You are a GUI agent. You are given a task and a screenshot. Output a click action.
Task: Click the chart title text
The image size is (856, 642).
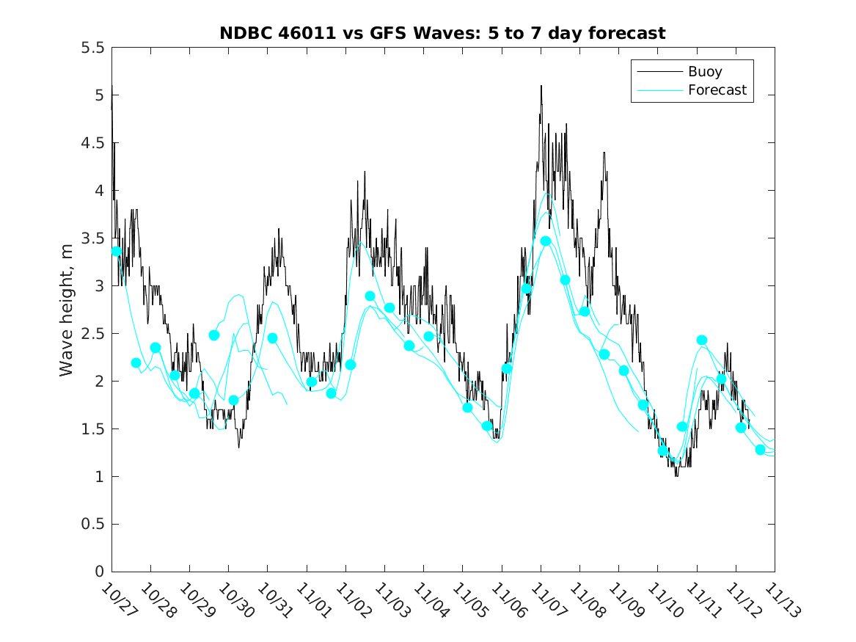[442, 33]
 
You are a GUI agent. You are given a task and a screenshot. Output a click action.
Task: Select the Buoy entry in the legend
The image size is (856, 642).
[704, 72]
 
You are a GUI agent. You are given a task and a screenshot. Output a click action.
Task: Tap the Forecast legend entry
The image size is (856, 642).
[717, 90]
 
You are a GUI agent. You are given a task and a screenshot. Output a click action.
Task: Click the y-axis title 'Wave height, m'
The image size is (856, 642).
[67, 309]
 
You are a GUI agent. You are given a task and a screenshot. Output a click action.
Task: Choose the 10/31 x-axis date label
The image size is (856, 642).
[272, 601]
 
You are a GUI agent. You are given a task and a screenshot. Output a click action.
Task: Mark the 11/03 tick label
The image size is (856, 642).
[389, 601]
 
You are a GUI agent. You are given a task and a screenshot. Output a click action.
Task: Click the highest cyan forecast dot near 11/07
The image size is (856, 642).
[546, 241]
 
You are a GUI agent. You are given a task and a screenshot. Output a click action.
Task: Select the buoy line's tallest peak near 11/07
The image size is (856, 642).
[541, 87]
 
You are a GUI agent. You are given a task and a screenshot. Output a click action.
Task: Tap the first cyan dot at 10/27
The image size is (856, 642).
[117, 252]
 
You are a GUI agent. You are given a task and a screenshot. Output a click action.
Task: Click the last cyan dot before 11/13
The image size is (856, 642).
[760, 450]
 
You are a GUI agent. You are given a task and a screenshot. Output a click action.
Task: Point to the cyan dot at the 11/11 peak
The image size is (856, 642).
[702, 340]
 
